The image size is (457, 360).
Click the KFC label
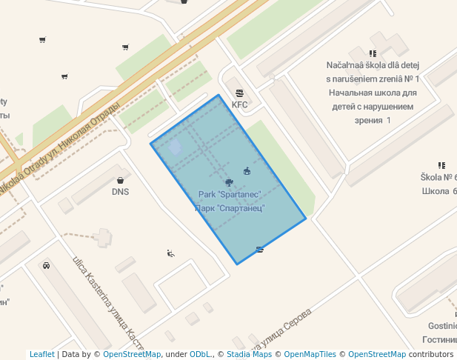point(239,105)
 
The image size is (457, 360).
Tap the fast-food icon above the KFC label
point(239,93)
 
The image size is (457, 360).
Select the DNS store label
point(121,192)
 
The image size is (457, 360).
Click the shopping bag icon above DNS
point(121,180)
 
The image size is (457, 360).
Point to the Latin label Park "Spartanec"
point(230,195)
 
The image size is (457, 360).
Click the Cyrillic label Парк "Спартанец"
point(230,208)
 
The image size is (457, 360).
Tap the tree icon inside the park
point(230,182)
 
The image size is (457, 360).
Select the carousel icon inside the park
point(247,172)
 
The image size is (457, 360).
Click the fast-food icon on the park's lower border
point(259,250)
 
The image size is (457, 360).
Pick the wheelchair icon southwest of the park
point(171,253)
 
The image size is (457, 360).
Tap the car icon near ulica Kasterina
point(46,265)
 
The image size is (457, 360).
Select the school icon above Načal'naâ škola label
point(373,53)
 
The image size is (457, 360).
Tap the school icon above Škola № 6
point(441,165)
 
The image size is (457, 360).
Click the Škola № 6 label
point(439,177)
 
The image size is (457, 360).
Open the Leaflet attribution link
point(41,355)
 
